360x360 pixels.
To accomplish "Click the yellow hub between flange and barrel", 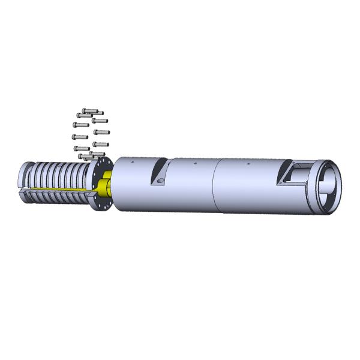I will pos(106,187).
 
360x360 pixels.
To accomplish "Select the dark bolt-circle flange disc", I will pos(98,183).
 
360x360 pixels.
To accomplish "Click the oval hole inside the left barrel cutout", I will pos(159,181).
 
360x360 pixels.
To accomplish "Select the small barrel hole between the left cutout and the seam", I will pos(196,162).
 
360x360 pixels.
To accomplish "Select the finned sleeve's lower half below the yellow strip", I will pos(54,198).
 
